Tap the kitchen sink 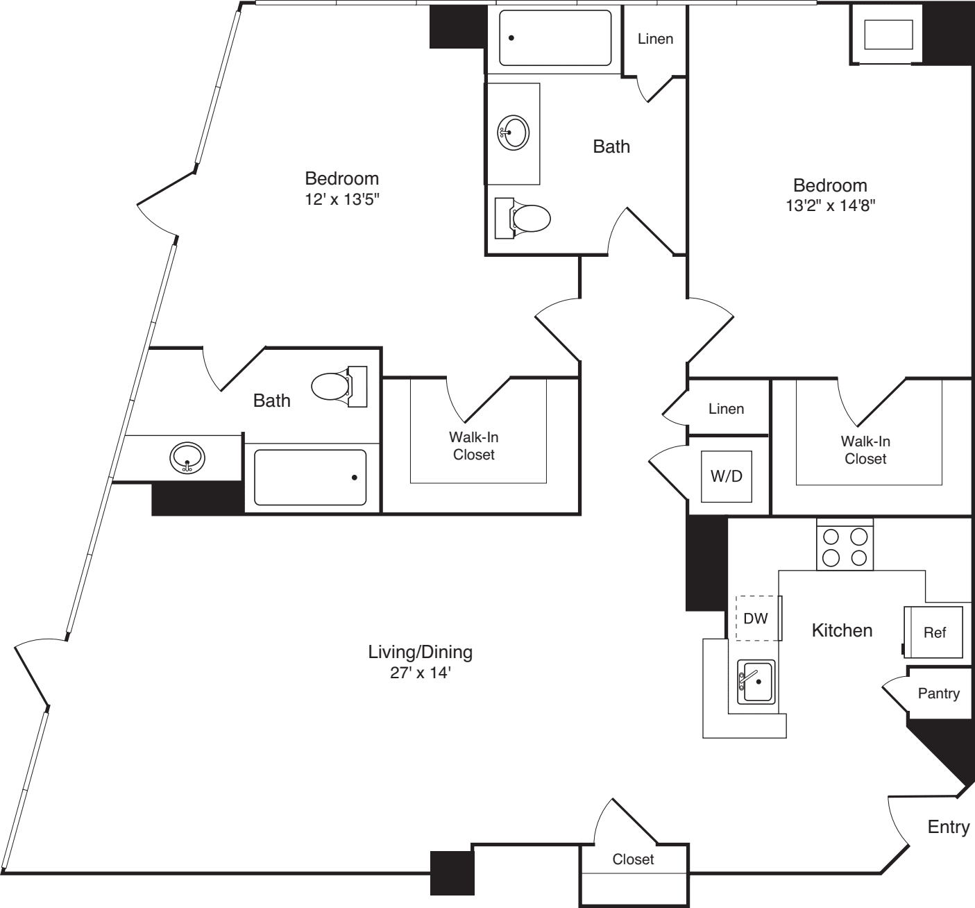coord(756,682)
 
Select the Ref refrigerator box coord(933,632)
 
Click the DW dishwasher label coord(756,617)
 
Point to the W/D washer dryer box coord(726,476)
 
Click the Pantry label coord(938,693)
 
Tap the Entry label coord(949,827)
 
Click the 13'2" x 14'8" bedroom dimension coord(830,205)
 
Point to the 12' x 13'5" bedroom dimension coord(342,199)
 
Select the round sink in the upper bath coord(514,132)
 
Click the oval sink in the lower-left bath coord(187,457)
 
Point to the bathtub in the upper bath coord(555,38)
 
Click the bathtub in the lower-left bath coord(310,478)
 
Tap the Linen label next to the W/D coord(726,409)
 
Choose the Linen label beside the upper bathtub coord(655,39)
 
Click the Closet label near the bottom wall coord(633,859)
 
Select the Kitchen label coord(842,630)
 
